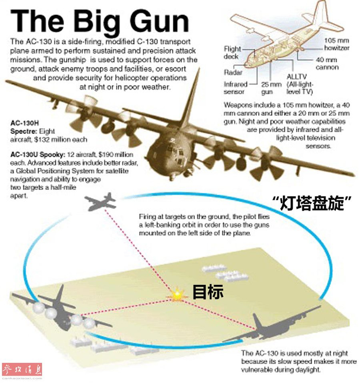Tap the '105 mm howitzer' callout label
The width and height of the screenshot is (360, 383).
click(336, 44)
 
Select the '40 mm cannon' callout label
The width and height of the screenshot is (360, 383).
click(327, 63)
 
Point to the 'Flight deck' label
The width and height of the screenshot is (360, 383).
click(232, 53)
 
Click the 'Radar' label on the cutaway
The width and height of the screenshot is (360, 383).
click(233, 72)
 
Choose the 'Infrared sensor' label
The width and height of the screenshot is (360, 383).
click(236, 88)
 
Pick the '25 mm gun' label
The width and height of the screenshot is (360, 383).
click(271, 88)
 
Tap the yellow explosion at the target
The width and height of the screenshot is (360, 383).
click(177, 295)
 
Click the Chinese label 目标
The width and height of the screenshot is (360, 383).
click(208, 292)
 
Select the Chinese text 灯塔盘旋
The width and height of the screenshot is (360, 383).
click(312, 202)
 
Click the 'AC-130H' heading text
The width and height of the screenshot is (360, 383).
click(24, 123)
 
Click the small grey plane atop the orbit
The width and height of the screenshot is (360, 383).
click(101, 201)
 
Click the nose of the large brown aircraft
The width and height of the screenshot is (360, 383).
click(168, 159)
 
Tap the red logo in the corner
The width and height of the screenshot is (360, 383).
click(22, 370)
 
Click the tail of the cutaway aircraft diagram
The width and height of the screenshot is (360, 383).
click(325, 17)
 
